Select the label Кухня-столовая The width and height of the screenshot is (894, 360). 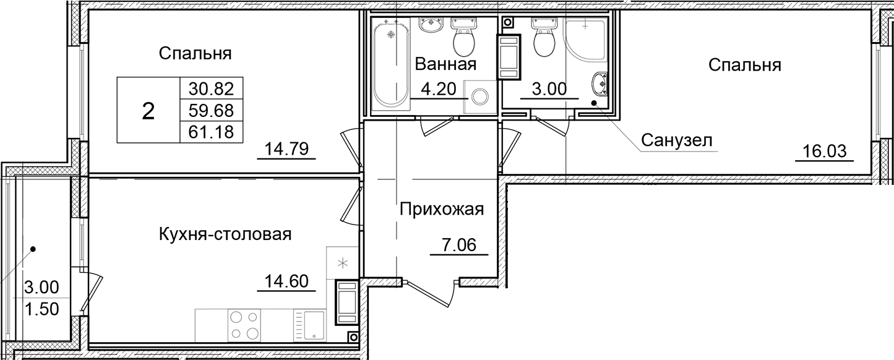(225, 234)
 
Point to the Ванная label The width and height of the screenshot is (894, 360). (445, 65)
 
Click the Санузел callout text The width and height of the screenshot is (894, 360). (676, 140)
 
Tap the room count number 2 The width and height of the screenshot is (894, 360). (148, 111)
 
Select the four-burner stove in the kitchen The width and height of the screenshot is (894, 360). (244, 325)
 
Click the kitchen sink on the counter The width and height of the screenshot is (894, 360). (309, 325)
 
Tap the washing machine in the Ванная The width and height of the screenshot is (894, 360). (480, 96)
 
